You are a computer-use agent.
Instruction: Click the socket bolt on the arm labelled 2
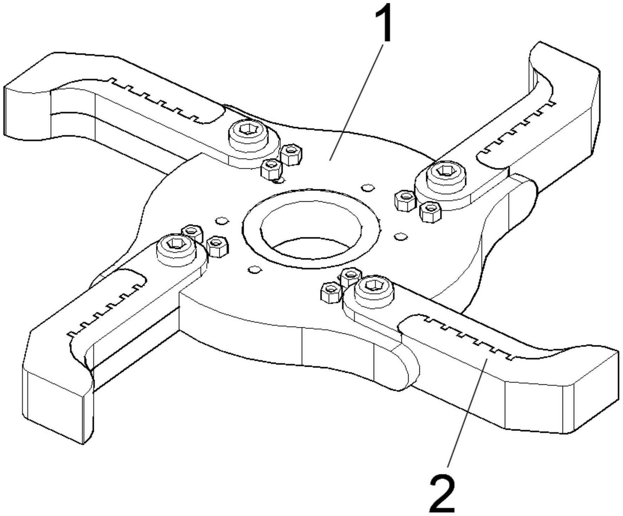[374, 291]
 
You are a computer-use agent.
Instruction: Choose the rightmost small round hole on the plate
[400, 236]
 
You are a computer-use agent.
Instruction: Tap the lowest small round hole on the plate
[255, 270]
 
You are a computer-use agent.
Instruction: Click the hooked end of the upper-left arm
[28, 106]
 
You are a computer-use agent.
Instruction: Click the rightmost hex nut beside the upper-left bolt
[291, 155]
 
